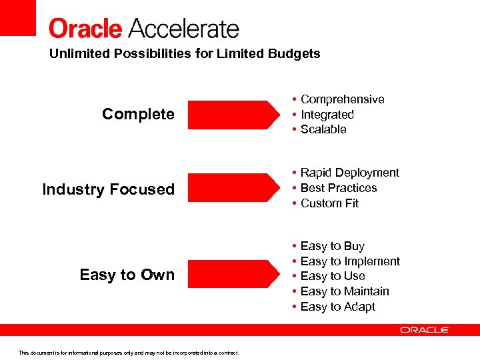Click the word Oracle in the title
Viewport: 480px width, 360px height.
[85, 29]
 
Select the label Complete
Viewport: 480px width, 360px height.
[138, 114]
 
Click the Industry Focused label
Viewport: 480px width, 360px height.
[108, 189]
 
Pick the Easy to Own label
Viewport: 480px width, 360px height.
[127, 275]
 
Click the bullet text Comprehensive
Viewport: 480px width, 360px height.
[342, 99]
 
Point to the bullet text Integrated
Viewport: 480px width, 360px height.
[327, 115]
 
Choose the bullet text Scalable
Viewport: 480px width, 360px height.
[323, 129]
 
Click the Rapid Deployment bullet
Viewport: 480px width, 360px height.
[349, 173]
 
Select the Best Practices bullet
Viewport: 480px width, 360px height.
[339, 188]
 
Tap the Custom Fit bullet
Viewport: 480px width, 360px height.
[329, 203]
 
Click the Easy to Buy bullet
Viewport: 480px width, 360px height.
[332, 246]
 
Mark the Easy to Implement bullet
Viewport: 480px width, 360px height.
[350, 261]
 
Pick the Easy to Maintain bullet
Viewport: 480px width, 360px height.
[345, 291]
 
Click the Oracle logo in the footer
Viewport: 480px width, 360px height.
[424, 330]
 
